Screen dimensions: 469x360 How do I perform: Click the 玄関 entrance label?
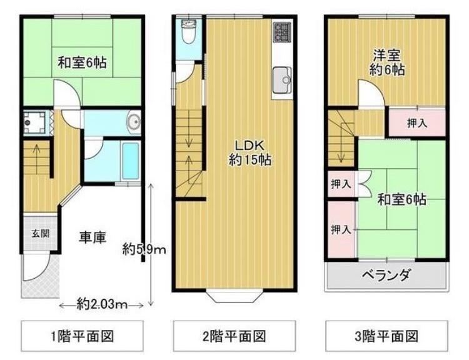point(41,234)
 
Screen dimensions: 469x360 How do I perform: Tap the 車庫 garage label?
point(93,237)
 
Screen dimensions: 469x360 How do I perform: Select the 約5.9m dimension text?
point(144,249)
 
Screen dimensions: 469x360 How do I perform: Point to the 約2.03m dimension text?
point(102,304)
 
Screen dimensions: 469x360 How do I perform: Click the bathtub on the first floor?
point(131,161)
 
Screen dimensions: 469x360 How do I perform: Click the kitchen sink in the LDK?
point(282,80)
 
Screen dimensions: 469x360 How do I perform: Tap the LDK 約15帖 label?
point(250,152)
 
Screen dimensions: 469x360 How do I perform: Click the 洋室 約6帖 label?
point(386,62)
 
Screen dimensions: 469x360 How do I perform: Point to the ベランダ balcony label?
point(386,274)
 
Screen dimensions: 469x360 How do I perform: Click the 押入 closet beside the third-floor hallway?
point(417,123)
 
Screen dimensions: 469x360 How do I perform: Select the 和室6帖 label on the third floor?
point(401,199)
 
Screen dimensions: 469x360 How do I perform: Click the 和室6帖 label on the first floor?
point(82,63)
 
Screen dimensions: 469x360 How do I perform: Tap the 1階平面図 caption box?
point(83,336)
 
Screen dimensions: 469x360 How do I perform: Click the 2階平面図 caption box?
point(234,336)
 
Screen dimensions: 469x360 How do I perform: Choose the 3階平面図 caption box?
point(386,336)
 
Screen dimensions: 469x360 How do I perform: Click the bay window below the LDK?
point(234,296)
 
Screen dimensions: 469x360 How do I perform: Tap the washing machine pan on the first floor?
point(34,122)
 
